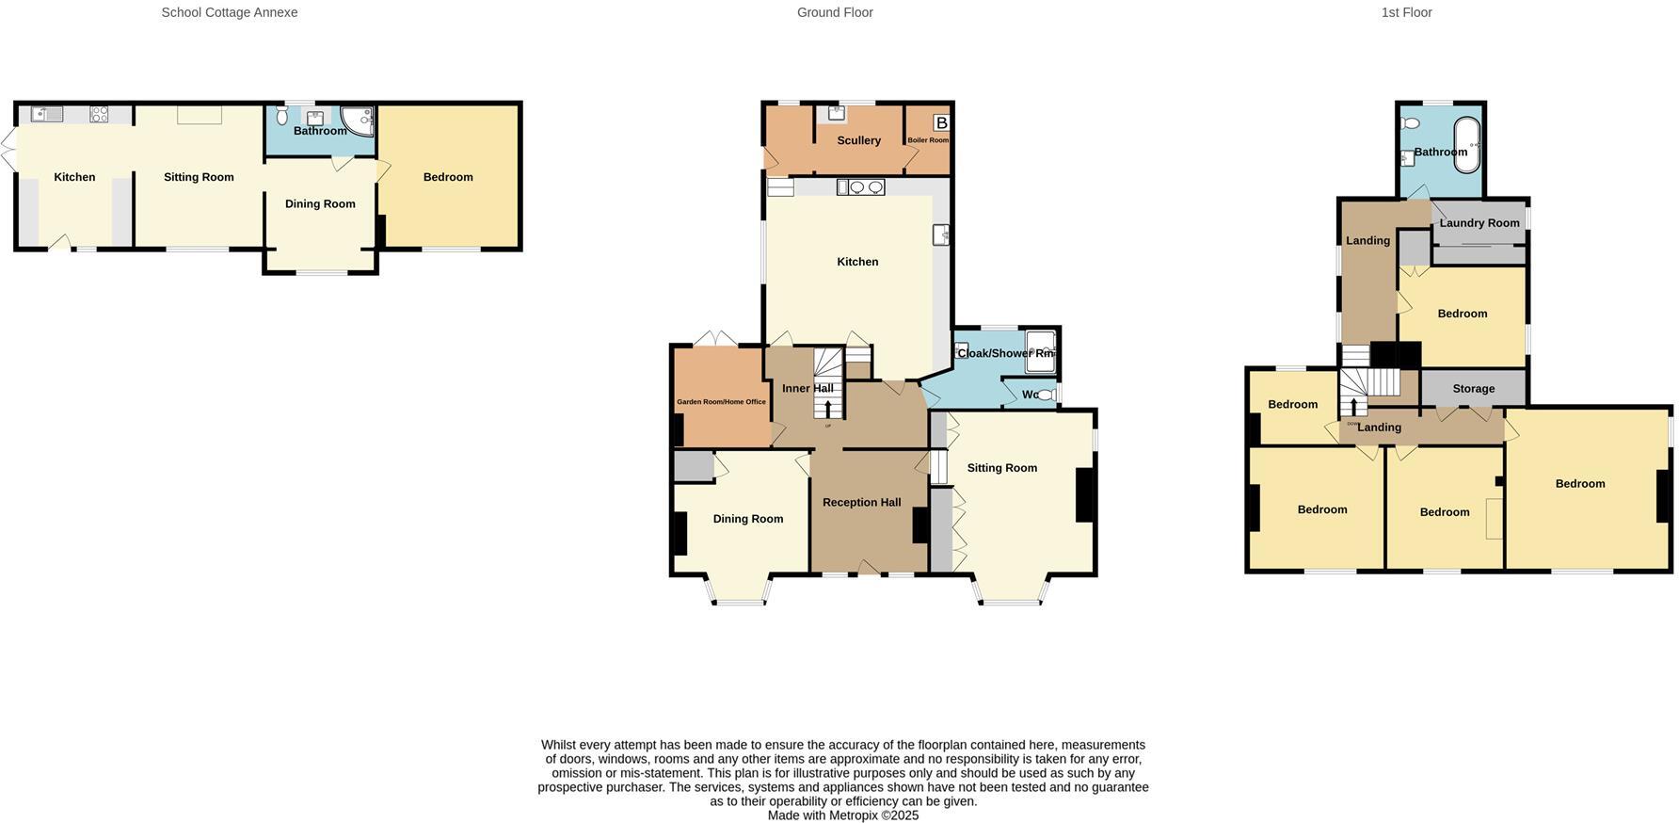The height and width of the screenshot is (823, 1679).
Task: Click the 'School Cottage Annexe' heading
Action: point(230,12)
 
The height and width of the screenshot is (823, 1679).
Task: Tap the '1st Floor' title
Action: point(1406,12)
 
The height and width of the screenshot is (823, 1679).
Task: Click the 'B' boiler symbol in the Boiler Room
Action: point(941,123)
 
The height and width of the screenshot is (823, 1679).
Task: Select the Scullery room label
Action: point(858,140)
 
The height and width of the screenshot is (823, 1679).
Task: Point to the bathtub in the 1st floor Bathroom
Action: point(1466,145)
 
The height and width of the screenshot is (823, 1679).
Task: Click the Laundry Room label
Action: point(1479,223)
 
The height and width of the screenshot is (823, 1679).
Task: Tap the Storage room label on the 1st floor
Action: point(1473,388)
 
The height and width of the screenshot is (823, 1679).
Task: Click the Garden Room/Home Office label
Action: point(721,402)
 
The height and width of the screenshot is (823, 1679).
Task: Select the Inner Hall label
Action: point(808,388)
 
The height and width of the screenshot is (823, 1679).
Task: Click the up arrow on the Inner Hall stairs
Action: point(828,409)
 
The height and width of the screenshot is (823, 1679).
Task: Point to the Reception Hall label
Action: point(861,502)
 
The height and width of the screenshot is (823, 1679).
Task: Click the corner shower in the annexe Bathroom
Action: point(359,120)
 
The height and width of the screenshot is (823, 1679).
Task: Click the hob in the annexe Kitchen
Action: point(99,115)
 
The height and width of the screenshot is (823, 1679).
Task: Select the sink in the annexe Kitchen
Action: point(46,115)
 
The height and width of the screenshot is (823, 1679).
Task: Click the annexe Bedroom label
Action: point(448,177)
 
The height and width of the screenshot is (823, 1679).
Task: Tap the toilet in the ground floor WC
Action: point(1046,395)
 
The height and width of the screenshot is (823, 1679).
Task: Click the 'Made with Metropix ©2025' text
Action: point(842,815)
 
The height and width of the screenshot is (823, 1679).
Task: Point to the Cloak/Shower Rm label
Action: point(1005,353)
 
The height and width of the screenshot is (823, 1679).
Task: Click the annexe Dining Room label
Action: point(320,203)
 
